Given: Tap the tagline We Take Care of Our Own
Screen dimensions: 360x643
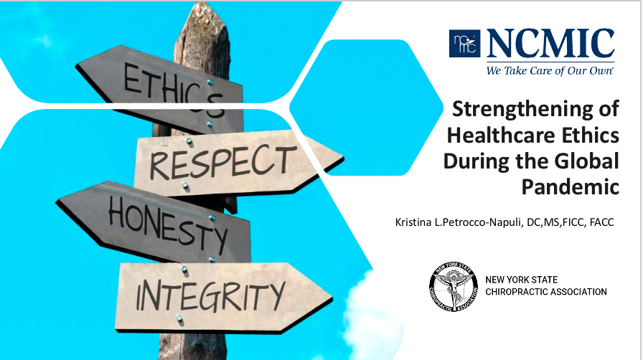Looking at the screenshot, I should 548,71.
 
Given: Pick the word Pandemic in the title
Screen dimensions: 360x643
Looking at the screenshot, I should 581,186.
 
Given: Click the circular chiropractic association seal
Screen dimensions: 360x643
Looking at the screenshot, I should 451,286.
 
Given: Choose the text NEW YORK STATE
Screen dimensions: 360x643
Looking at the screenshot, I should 522,280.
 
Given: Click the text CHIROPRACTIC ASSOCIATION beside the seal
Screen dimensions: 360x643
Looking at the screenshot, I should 545,292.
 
